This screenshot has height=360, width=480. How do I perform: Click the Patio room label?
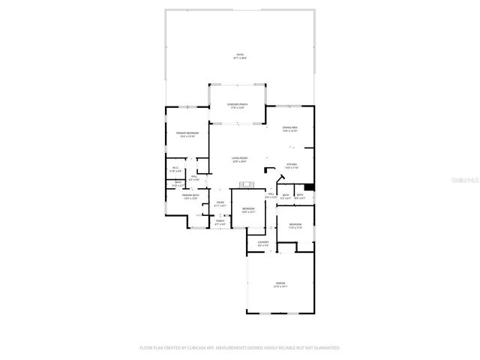point(240,56)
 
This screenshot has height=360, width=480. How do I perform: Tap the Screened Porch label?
point(238,106)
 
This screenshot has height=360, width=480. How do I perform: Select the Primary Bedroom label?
point(186,135)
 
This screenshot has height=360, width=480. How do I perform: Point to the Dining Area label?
point(290,129)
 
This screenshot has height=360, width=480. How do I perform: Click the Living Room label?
point(239,160)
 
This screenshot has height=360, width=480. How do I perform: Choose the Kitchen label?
point(292,166)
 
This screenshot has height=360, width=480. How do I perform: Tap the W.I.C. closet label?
point(175,169)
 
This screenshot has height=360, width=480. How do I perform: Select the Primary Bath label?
point(189,196)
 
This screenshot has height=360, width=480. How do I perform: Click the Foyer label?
point(220,203)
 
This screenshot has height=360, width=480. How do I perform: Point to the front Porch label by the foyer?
point(220,223)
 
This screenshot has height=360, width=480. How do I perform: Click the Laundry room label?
point(263,244)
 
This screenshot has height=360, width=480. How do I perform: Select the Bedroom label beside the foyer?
point(248,210)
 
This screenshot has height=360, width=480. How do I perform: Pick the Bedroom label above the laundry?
point(295,226)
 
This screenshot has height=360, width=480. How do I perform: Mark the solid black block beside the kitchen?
point(310,187)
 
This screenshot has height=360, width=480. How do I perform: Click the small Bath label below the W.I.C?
point(178,184)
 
